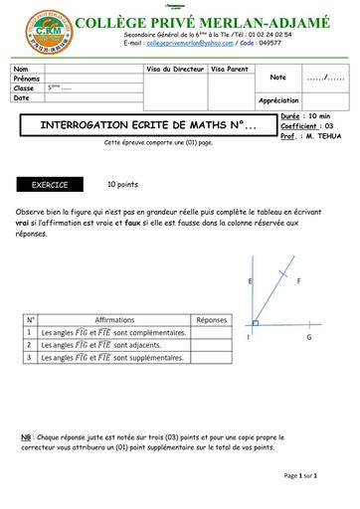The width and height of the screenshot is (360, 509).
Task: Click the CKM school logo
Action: click(39, 31)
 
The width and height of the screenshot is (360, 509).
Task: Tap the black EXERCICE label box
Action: click(50, 185)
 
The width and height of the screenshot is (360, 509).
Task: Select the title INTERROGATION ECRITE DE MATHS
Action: click(138, 127)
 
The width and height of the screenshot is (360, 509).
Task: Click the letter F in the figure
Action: click(299, 282)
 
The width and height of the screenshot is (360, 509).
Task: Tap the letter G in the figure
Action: click(309, 337)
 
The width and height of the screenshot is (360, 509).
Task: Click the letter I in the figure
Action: click(248, 337)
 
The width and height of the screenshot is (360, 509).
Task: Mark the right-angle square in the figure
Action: click(256, 322)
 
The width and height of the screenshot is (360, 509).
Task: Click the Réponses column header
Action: click(211, 320)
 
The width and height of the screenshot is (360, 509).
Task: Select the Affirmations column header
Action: click(114, 320)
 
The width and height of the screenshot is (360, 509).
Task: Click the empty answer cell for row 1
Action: click(211, 332)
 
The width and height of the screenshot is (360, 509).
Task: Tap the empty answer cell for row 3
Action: click(211, 357)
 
